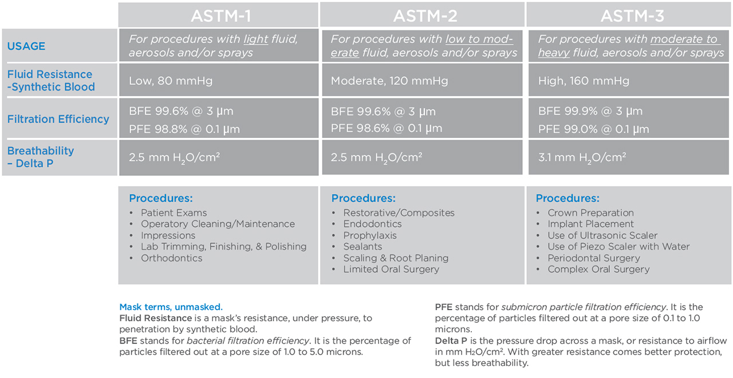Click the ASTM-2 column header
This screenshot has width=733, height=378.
point(425,15)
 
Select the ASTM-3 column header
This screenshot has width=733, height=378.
point(632,15)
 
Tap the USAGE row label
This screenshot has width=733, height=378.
point(26,46)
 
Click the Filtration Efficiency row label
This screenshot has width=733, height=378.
point(58,119)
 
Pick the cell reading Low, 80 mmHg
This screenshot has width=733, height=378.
point(171,81)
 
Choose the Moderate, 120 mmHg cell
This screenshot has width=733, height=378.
point(389,81)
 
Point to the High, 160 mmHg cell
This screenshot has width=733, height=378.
point(584,81)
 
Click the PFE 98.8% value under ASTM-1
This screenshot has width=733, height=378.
point(184,129)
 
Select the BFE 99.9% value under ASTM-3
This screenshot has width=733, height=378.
point(590,111)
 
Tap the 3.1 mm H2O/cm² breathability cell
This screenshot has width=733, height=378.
point(582,157)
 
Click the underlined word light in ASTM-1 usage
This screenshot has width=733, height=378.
point(256,40)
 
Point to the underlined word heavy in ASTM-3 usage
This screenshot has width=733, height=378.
point(554,53)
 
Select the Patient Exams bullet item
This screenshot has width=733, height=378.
point(174,212)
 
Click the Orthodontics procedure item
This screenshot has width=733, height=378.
point(171,258)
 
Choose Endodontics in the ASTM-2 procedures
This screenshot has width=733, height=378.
point(372,224)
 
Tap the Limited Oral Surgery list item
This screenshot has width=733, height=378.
point(391,269)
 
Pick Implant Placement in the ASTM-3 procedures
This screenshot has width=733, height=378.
point(590,224)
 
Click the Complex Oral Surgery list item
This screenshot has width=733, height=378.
point(598,269)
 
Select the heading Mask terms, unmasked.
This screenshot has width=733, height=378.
point(171,307)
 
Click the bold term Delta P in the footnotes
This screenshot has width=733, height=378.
point(451,341)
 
